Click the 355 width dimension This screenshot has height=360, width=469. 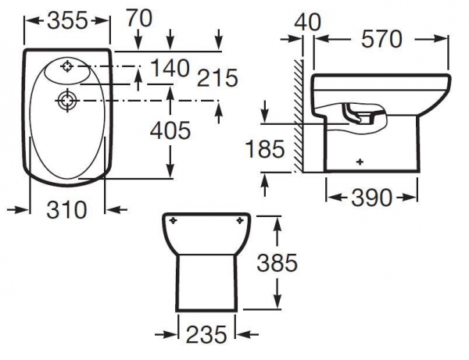point(67,20)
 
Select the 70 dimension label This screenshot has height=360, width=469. point(139,18)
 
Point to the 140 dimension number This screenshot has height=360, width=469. point(170,68)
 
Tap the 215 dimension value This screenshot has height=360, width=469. point(217,78)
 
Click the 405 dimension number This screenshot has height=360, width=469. point(170,130)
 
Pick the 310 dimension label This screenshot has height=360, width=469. point(66,209)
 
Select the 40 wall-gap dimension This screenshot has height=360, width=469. point(307,22)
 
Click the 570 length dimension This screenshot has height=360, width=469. point(381,39)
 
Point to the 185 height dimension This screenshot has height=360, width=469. point(265,149)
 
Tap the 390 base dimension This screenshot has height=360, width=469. point(371,198)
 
